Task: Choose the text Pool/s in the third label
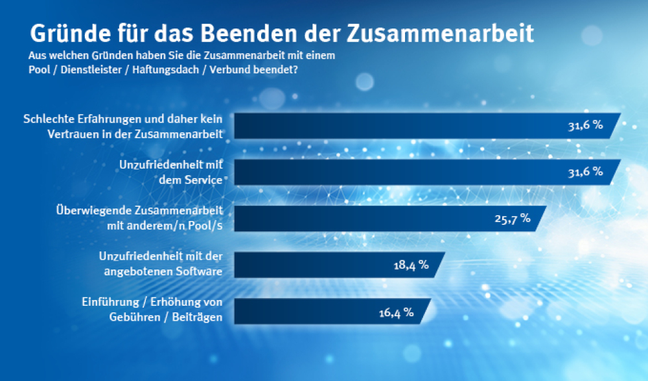[207, 224]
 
